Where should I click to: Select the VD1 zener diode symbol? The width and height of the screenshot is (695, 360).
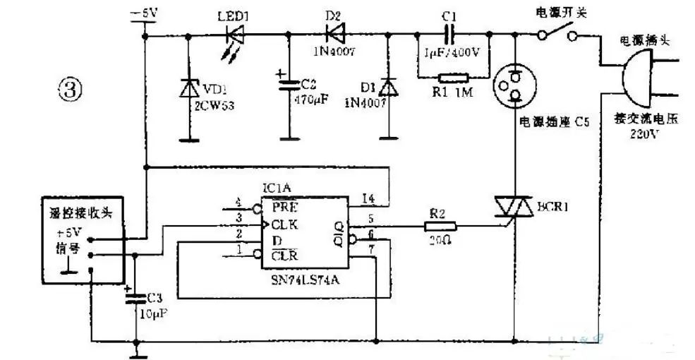[x=188, y=88]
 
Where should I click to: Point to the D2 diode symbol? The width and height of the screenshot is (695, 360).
[x=334, y=32]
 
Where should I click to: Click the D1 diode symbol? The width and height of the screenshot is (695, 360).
[x=387, y=88]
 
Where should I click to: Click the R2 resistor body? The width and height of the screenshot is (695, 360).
[x=440, y=227]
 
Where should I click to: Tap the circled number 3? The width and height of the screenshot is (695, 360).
[x=71, y=90]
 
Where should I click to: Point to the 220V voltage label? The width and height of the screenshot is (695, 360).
[x=643, y=134]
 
